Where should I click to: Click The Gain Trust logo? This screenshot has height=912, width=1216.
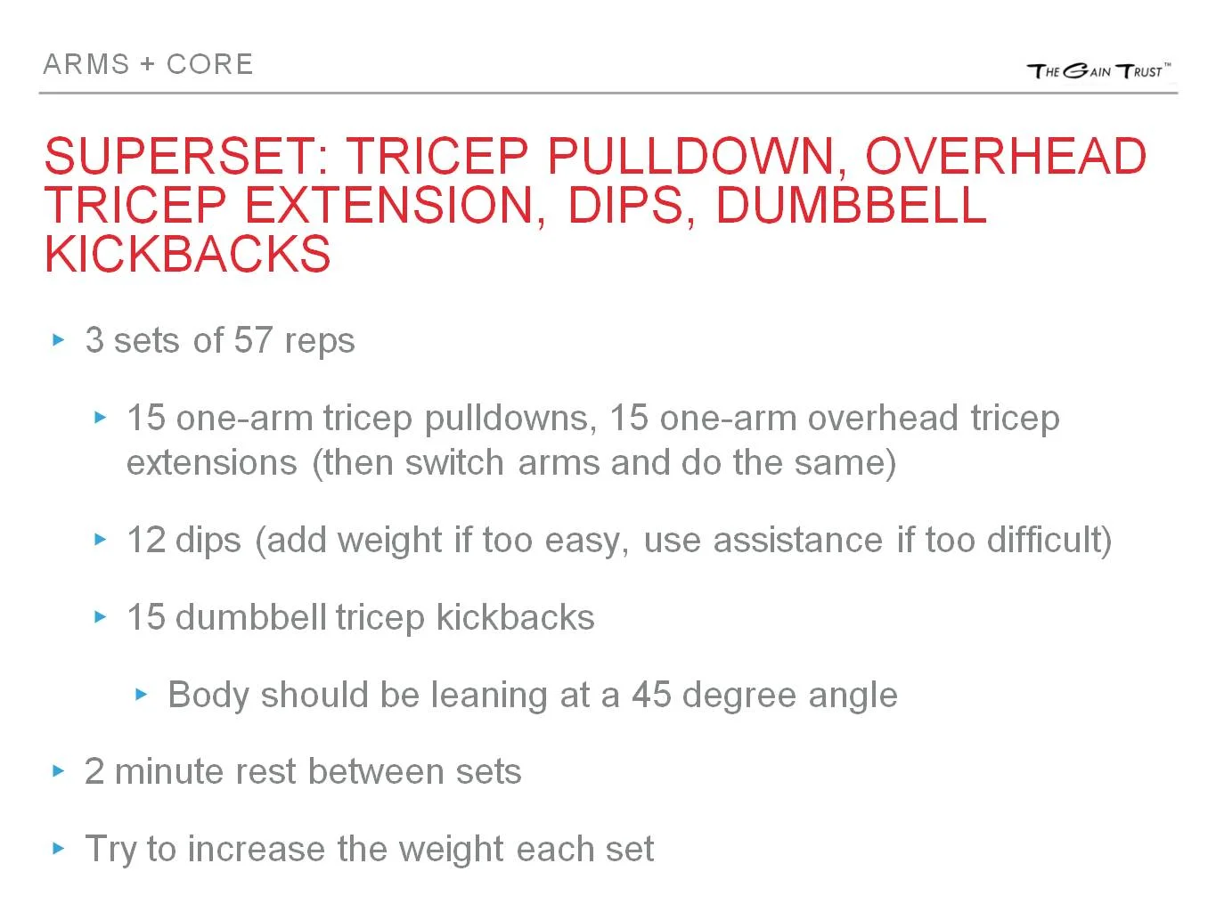click(1098, 70)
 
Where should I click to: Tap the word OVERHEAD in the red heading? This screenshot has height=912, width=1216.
click(1005, 156)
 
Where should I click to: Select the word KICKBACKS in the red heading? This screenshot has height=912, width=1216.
click(187, 254)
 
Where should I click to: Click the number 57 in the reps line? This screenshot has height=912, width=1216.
click(253, 340)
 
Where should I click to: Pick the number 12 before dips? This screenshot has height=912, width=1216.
click(146, 540)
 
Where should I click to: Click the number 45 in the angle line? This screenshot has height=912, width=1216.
click(651, 695)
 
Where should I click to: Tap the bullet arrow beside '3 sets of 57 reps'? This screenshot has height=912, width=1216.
click(59, 339)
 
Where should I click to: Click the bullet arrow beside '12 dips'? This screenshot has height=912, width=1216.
click(101, 539)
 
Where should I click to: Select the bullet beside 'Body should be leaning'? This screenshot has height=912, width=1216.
click(142, 694)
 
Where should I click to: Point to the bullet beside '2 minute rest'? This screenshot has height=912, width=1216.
click(59, 770)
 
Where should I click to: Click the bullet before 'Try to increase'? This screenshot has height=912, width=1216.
click(59, 848)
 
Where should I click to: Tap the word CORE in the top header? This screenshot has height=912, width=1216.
click(210, 64)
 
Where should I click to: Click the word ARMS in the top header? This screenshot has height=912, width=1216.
click(86, 64)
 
